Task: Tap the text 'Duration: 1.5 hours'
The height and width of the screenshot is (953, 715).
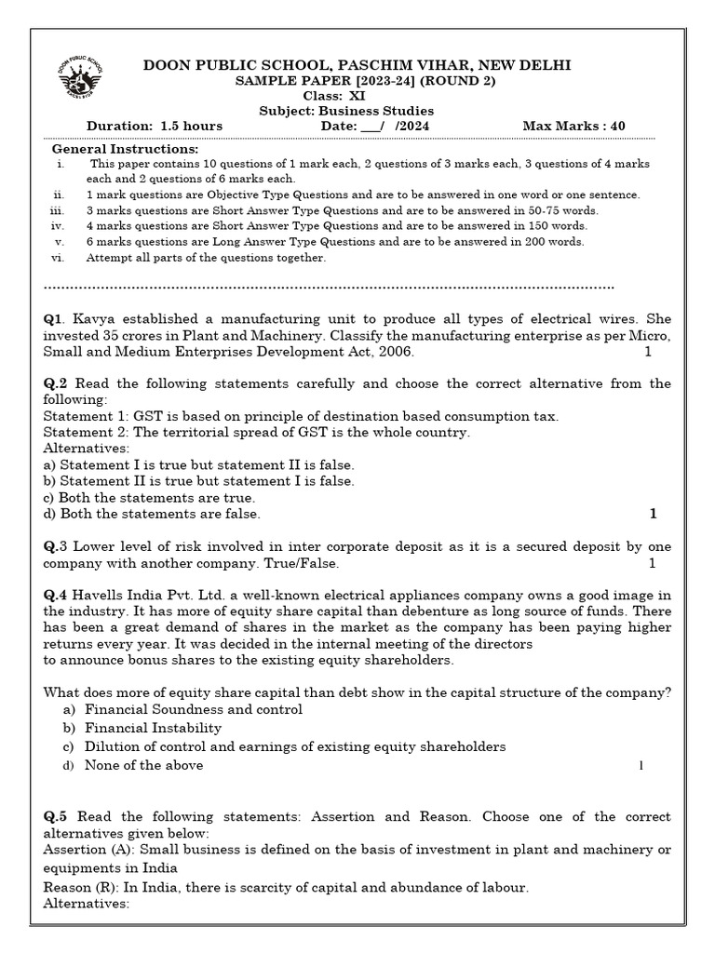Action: click(x=155, y=126)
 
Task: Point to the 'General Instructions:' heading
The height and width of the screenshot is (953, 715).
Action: click(x=125, y=149)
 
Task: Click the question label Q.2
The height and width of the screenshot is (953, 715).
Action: click(x=56, y=383)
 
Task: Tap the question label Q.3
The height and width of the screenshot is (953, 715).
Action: click(x=56, y=547)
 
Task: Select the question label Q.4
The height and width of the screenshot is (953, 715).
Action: click(x=56, y=596)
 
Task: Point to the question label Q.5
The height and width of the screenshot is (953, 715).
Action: click(x=56, y=817)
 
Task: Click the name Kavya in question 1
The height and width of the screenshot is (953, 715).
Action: click(x=95, y=319)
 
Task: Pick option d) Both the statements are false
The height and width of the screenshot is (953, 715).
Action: click(x=152, y=514)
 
